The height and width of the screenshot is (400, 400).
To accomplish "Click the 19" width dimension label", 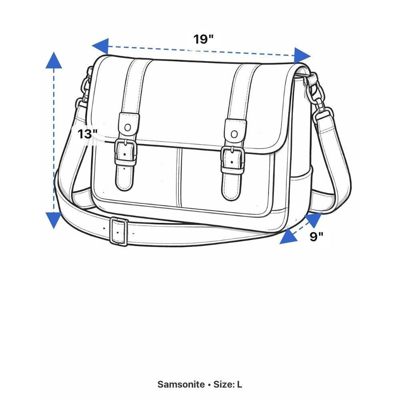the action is tap(203, 39).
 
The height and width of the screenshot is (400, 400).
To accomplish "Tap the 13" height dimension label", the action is tap(88, 134).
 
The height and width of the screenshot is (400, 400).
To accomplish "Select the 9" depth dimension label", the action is tap(316, 236).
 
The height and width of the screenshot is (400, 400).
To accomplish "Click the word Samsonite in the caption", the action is tap(181, 384).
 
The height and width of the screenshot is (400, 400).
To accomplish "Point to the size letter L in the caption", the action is tap(239, 384).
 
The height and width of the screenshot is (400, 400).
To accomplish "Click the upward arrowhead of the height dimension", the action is tap(54, 60).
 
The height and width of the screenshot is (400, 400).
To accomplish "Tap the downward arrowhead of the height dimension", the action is tap(54, 220).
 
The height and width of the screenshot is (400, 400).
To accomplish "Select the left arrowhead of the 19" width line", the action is tap(100, 46).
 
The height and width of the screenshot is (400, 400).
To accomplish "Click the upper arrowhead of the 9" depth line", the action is tap(314, 219).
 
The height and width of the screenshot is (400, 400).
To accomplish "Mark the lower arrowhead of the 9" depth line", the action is tap(288, 236).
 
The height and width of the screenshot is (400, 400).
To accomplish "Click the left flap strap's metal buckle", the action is tap(125, 152).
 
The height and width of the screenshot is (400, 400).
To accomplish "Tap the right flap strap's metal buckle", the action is tap(232, 160).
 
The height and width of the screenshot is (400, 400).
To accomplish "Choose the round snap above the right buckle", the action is tap(234, 134).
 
